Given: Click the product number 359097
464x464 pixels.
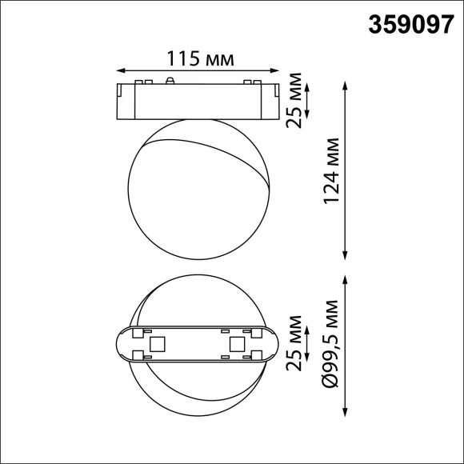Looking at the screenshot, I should pyautogui.click(x=409, y=25).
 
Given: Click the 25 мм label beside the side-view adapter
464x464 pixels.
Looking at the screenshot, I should pyautogui.click(x=297, y=98).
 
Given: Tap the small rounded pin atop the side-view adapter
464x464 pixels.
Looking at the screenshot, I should pyautogui.click(x=170, y=80).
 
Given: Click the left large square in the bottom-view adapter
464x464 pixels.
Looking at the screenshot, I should pyautogui.click(x=158, y=344).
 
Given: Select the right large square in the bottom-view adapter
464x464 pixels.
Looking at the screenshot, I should pyautogui.click(x=237, y=344).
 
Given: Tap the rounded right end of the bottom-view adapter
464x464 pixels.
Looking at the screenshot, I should pyautogui.click(x=274, y=345).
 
